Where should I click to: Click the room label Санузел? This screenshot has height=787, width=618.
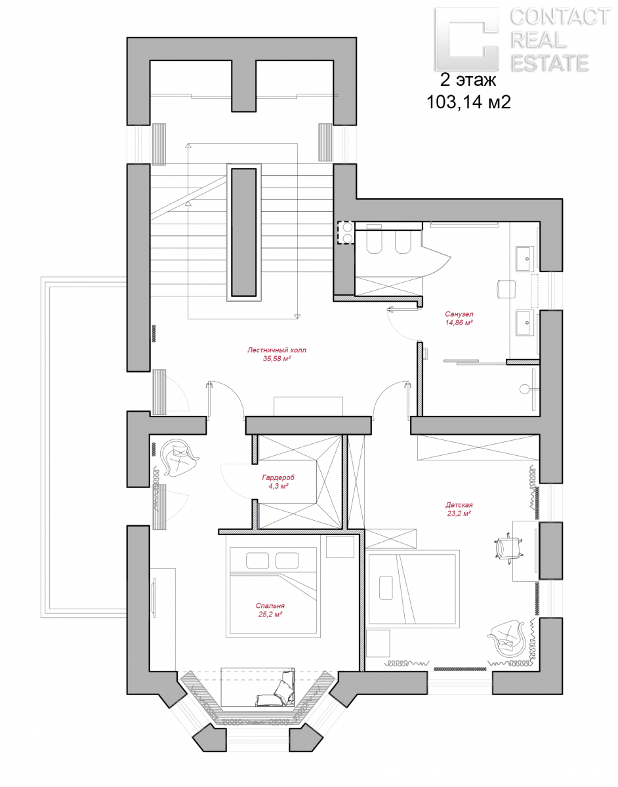click(x=459, y=314)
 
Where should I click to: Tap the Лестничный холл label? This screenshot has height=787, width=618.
click(x=277, y=350)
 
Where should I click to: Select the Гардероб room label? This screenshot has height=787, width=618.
click(x=278, y=477)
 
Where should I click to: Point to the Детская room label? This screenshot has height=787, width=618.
click(x=459, y=504)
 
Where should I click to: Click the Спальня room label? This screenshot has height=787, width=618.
click(x=270, y=605)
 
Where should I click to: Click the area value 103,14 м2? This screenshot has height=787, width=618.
click(x=469, y=102)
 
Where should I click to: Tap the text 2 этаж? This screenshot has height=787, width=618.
click(x=468, y=79)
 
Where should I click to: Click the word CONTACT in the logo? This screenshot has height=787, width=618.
click(x=560, y=17)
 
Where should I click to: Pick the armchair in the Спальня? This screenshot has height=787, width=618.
click(x=180, y=457)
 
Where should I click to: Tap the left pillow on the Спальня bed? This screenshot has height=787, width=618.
click(x=257, y=560)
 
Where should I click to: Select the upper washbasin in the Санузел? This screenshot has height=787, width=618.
click(x=525, y=258)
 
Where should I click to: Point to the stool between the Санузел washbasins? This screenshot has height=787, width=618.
click(x=505, y=289)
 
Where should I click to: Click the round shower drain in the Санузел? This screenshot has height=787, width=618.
click(x=524, y=390)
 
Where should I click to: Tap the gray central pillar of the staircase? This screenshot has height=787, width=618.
click(x=244, y=232)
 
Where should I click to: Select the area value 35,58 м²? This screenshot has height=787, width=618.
click(x=277, y=359)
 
